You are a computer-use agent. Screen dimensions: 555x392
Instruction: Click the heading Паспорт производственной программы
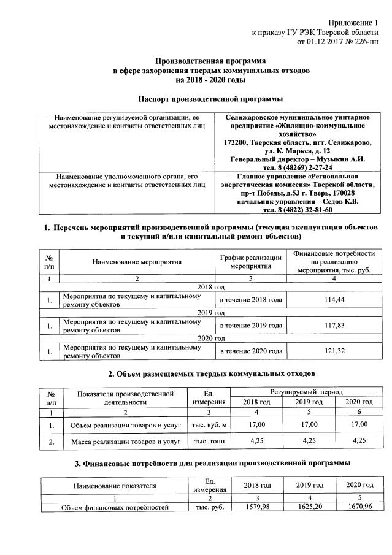[x=211, y=99]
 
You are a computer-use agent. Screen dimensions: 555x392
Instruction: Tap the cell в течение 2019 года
[x=251, y=326]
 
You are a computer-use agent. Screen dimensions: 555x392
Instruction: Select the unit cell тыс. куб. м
[x=210, y=424]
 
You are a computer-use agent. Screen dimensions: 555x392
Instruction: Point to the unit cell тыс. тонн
[x=210, y=441]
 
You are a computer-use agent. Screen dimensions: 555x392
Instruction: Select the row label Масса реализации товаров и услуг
[x=125, y=441]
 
